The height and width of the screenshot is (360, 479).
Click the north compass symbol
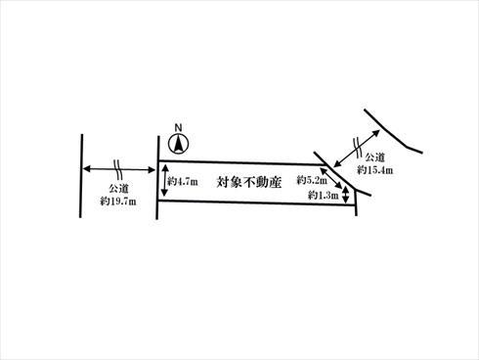point(177,144)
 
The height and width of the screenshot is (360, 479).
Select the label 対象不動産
point(249,182)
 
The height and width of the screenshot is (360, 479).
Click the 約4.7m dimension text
point(183,181)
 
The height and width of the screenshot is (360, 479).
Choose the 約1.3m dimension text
point(322,197)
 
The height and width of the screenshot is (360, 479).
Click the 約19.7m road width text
point(118,200)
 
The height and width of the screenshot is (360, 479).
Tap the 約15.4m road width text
point(374,169)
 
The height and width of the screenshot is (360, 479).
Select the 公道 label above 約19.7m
point(118,186)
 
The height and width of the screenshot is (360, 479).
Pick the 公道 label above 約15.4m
point(374,157)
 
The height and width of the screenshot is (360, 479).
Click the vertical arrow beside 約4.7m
point(164,182)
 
